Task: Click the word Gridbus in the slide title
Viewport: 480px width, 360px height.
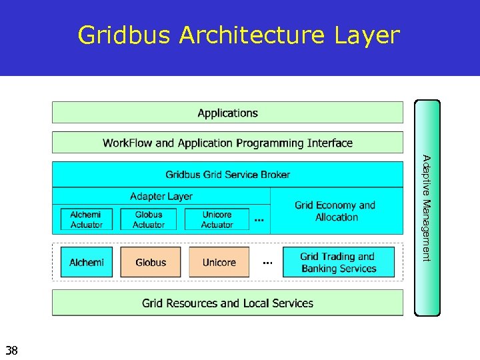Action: coord(125,35)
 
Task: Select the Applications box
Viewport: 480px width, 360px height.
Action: coord(227,113)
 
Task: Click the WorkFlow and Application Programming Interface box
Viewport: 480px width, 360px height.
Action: coord(227,143)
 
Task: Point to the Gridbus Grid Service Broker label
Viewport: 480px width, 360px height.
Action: coord(227,175)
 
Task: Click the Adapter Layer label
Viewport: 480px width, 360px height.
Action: coord(161,196)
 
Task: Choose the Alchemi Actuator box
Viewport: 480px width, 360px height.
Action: coord(87,219)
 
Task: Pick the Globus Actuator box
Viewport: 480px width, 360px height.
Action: coord(148,219)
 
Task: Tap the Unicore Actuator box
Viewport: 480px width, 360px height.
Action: coord(217,219)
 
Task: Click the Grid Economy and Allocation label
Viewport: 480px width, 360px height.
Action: coord(335,211)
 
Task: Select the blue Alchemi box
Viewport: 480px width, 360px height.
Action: coord(87,262)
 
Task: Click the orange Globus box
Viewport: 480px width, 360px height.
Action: coord(151,262)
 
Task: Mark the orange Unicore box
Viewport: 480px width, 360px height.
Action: coord(219,262)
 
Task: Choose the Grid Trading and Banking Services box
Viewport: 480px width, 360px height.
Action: coord(339,262)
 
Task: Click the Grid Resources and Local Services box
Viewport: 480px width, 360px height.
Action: coord(227,303)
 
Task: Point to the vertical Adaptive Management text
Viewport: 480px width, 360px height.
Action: coord(427,208)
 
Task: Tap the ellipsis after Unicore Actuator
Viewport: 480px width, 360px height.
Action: coord(259,220)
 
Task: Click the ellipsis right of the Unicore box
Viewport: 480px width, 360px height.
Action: coord(267,263)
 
